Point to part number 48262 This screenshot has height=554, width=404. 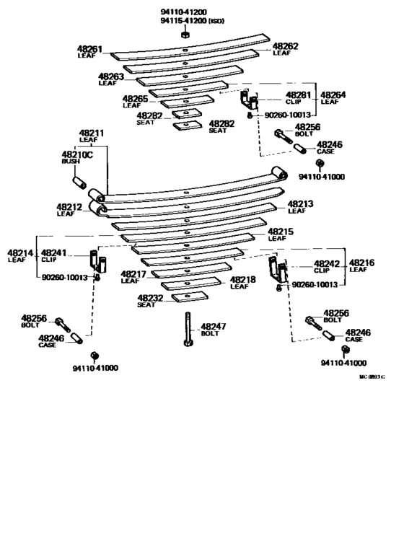[285, 45]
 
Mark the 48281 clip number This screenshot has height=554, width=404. [298, 94]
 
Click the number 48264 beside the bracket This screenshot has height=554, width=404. [333, 94]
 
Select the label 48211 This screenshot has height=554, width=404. [92, 133]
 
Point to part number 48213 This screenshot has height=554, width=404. [300, 204]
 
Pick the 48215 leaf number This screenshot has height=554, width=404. [281, 231]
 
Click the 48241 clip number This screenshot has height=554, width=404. [53, 252]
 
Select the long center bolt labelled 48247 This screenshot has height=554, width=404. [186, 330]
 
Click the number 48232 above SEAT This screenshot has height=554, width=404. [150, 297]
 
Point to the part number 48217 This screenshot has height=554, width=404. [133, 273]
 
